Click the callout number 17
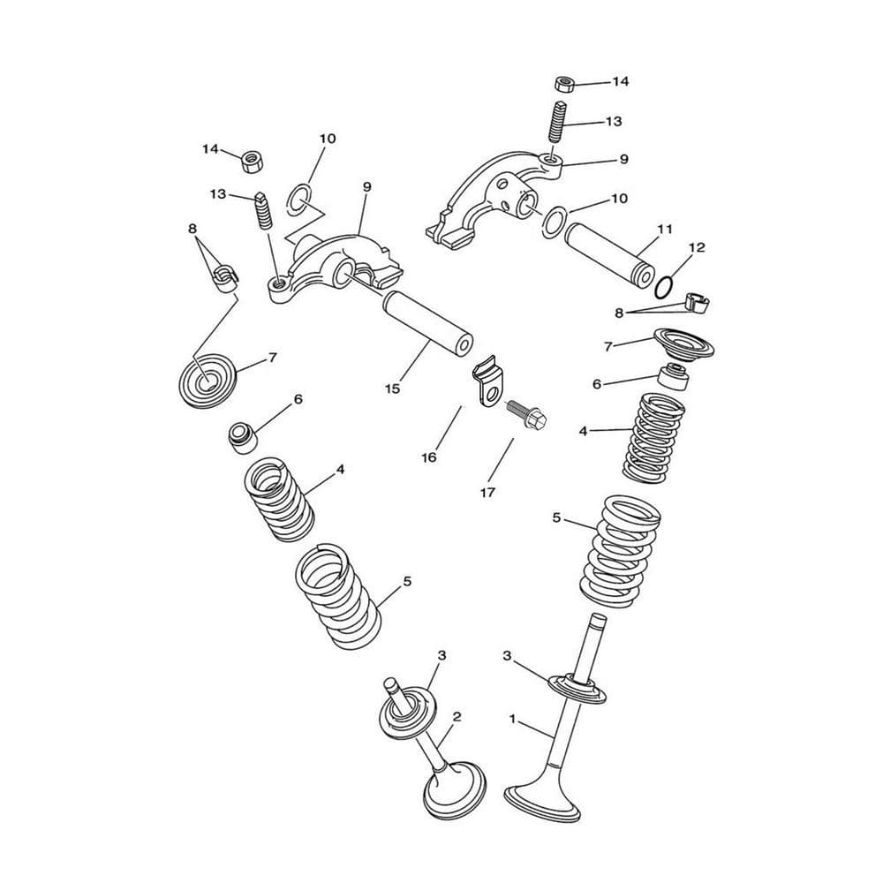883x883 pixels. pos(487,492)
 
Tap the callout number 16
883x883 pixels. pos(429,457)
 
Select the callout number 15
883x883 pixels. pos(393,389)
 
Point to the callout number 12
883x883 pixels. pos(697,247)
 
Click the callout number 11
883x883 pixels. pos(665,230)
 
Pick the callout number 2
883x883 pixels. pos(457,717)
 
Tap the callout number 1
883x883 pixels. pos(512,719)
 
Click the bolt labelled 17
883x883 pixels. pos(527,414)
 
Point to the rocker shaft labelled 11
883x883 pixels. pos(609,254)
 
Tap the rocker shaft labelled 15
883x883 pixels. pos(427,323)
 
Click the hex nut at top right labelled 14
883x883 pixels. pos(565,84)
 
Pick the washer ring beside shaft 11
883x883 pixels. pos(553,222)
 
